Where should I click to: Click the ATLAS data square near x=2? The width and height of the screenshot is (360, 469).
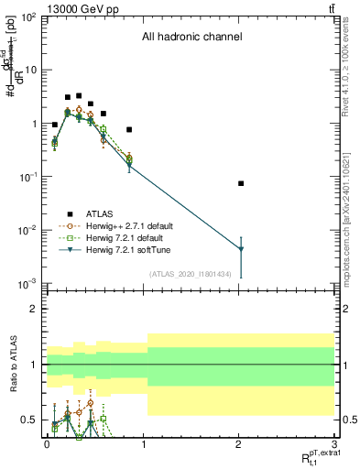coord(241,183)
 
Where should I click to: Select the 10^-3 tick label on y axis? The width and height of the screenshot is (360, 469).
coord(28,283)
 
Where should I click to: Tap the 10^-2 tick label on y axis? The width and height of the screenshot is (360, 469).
coord(28,230)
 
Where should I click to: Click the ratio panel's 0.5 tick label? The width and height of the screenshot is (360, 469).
coord(32,420)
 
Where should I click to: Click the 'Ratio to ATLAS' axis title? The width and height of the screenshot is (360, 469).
coord(12,364)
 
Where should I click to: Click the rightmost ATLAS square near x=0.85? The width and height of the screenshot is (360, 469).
coord(129,129)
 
